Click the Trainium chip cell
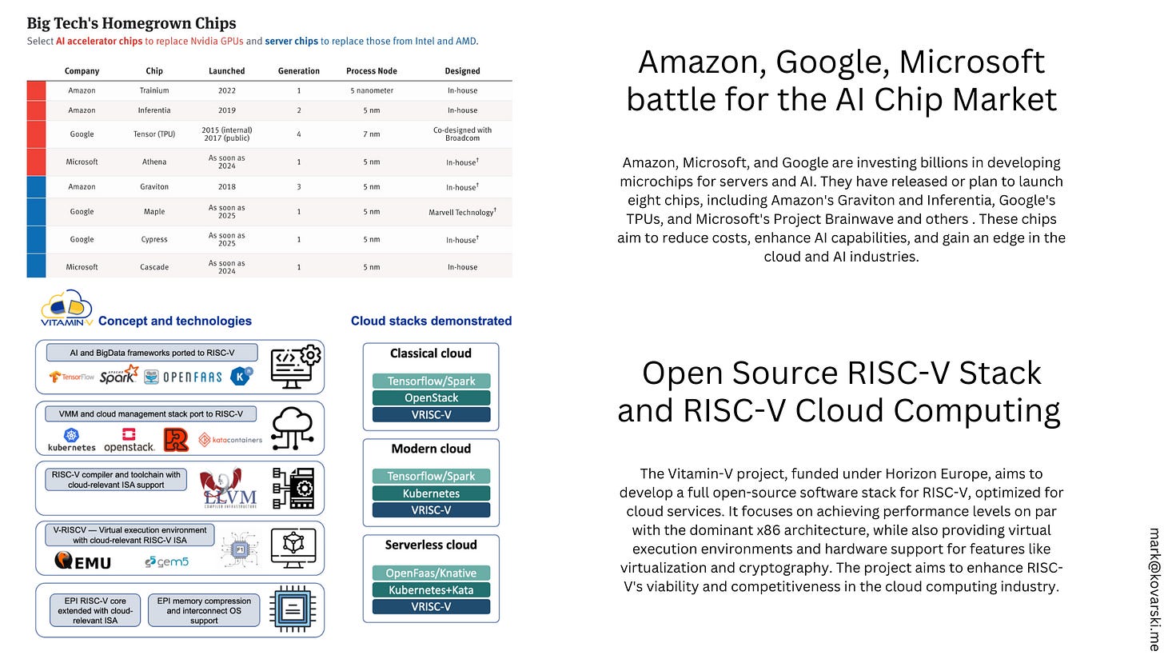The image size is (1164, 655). pyautogui.click(x=154, y=91)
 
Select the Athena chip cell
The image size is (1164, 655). pyautogui.click(x=154, y=162)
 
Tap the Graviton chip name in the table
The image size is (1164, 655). pyautogui.click(x=154, y=187)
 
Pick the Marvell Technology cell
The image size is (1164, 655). pyautogui.click(x=462, y=212)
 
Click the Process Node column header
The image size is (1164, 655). pyautogui.click(x=371, y=70)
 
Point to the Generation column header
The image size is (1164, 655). pyautogui.click(x=299, y=70)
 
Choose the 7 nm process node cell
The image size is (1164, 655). pyautogui.click(x=371, y=134)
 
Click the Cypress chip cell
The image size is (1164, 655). pyautogui.click(x=154, y=239)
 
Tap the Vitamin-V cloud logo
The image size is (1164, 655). pyautogui.click(x=66, y=309)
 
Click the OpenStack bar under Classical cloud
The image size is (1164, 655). pyautogui.click(x=431, y=397)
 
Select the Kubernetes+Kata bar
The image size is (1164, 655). pyautogui.click(x=431, y=590)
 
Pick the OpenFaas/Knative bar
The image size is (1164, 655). pyautogui.click(x=431, y=573)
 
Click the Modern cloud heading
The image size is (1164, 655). pyautogui.click(x=431, y=449)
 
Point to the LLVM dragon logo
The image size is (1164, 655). pyautogui.click(x=221, y=488)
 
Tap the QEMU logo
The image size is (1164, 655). pyautogui.click(x=83, y=561)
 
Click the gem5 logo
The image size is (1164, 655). pyautogui.click(x=167, y=561)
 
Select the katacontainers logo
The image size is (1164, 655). pyautogui.click(x=230, y=439)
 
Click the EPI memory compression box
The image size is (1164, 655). pyautogui.click(x=204, y=610)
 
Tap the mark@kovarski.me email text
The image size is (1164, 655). pyautogui.click(x=1153, y=588)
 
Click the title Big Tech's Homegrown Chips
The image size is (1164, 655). pyautogui.click(x=131, y=23)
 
